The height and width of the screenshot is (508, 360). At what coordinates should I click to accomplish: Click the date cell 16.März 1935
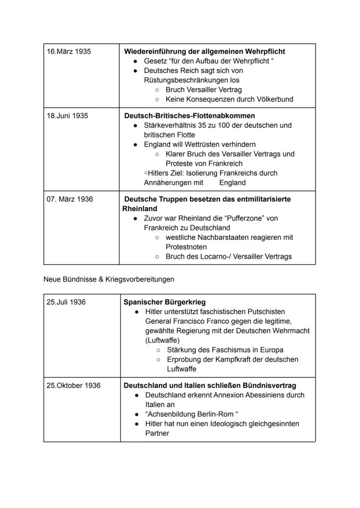coord(69,51)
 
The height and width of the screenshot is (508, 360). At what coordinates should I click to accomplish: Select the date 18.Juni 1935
coord(68,116)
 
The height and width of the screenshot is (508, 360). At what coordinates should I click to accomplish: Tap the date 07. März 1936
coord(70,199)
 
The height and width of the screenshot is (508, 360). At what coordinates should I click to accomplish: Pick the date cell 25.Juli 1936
coord(66,302)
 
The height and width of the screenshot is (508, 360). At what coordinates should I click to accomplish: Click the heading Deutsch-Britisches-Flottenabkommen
coord(190,116)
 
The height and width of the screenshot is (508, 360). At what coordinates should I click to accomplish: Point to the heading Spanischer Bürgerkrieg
coord(165,302)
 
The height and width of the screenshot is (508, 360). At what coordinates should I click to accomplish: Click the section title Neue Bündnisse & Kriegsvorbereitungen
coord(109,279)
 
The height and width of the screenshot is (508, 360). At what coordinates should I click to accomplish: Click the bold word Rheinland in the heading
coord(140,209)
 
